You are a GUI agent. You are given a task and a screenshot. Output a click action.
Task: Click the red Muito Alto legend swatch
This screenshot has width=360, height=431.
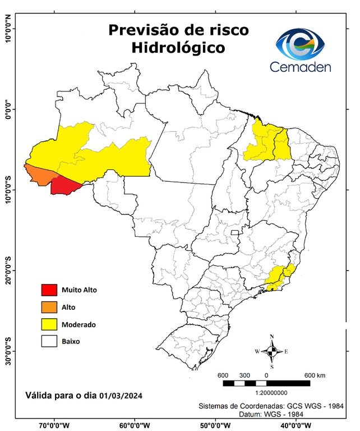[49, 290]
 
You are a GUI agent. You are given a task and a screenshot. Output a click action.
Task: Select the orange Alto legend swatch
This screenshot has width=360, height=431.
[49, 307]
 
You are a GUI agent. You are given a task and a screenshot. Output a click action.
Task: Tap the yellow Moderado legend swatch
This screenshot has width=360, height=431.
[49, 324]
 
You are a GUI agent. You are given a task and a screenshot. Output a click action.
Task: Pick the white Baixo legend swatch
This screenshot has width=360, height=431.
[49, 341]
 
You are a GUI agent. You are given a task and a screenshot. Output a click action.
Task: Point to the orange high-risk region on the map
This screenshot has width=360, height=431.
[40, 175]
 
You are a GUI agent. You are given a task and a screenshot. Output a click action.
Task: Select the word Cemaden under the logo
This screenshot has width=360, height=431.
[301, 67]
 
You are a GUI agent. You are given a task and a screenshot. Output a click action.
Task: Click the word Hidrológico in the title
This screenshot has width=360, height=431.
[178, 48]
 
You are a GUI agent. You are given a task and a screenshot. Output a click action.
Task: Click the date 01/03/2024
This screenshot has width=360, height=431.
[121, 396]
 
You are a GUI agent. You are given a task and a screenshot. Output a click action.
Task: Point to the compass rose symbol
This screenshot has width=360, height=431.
[272, 351]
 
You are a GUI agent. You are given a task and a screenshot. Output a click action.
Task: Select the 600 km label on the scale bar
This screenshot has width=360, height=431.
[315, 375]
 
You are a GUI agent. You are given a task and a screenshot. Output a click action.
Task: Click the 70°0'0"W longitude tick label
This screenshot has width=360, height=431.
[54, 425]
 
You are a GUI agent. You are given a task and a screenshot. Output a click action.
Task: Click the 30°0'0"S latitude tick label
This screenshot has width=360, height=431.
[7, 351]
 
